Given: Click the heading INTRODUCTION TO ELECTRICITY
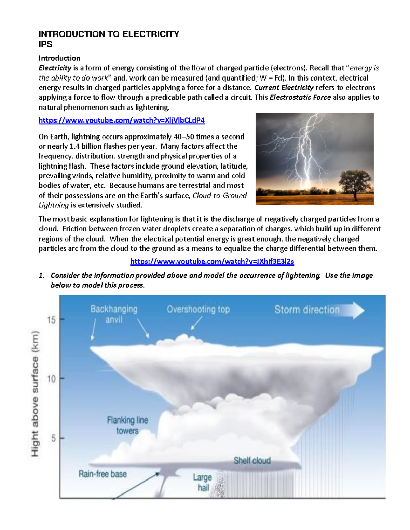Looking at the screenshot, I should [109, 34].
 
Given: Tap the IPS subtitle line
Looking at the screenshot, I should [45, 44].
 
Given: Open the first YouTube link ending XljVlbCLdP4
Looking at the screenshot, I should [121, 120].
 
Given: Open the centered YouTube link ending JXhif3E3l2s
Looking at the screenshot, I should [212, 262].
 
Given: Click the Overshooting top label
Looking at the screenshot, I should [198, 310].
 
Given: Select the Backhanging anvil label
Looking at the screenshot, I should [114, 314].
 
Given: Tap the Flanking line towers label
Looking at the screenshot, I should [127, 425].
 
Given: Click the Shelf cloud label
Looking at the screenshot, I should [252, 461].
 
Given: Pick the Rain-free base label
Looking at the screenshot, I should [102, 474].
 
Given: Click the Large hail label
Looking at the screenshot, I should [203, 482].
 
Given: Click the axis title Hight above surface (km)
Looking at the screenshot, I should [35, 393].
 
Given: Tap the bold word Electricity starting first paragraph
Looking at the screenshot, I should [55, 68].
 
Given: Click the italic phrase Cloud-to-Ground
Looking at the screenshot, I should [220, 196].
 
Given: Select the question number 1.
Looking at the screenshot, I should [41, 275].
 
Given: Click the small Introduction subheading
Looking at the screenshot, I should [59, 58].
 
